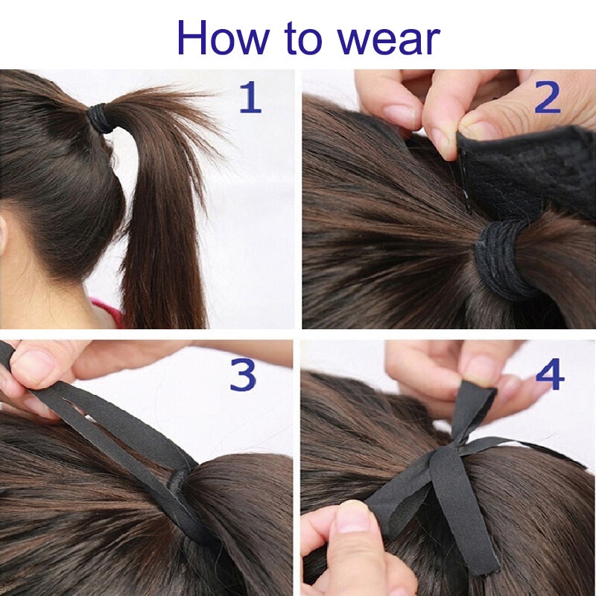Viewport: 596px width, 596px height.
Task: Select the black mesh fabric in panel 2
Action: point(536,171)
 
